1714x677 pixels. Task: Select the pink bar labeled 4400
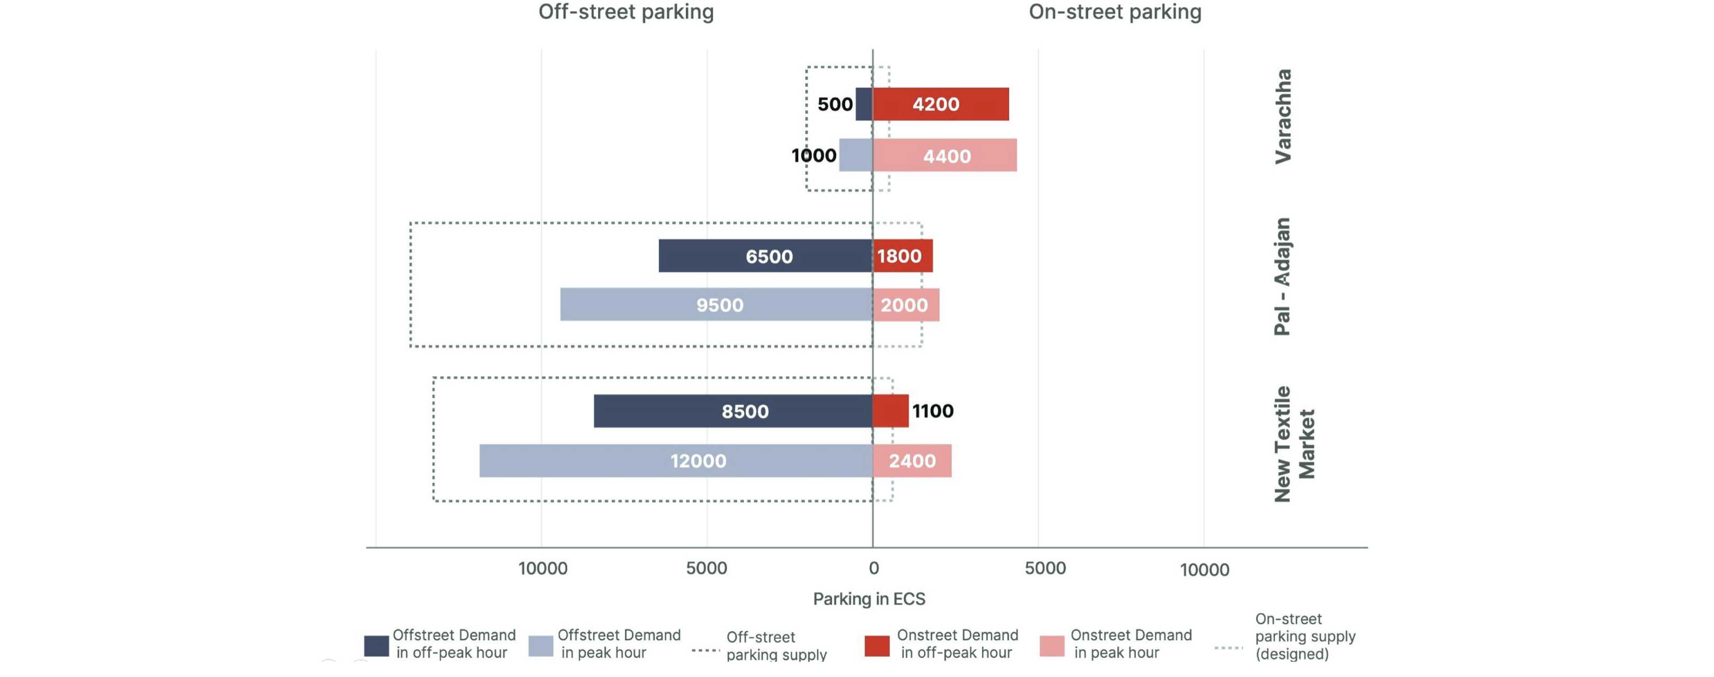[x=945, y=155]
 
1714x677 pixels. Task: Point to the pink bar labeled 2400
[x=912, y=461]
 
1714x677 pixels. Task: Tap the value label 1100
[x=932, y=411]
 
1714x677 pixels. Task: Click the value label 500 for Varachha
[x=834, y=105]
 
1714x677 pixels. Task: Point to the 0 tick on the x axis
[x=874, y=568]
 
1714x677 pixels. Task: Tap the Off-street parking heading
[x=626, y=12]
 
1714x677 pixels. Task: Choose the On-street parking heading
[x=1115, y=12]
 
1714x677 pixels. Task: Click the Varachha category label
[x=1282, y=116]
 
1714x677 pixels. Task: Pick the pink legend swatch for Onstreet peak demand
[x=1051, y=646]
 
